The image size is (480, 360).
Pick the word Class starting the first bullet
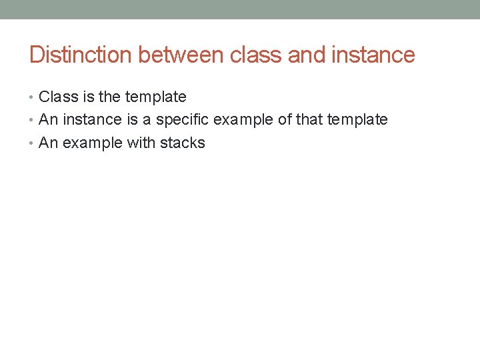[x=59, y=97]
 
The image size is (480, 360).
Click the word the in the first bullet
[x=110, y=97]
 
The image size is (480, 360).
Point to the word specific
[x=183, y=120]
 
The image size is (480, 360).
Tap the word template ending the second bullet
[x=357, y=120]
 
